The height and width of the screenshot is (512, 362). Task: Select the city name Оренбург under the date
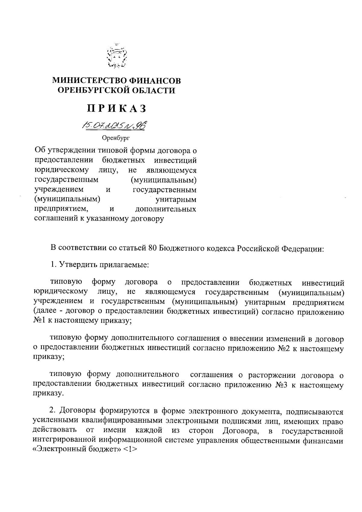click(x=115, y=138)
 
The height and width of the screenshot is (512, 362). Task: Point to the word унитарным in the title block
click(x=176, y=199)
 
